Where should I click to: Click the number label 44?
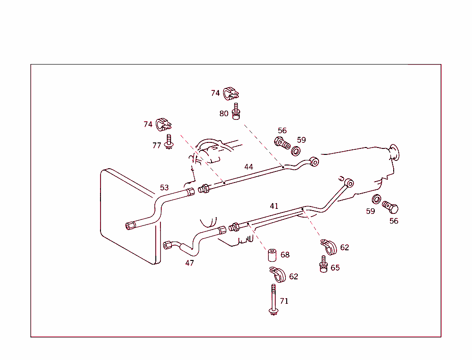click(x=248, y=167)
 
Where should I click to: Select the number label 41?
click(x=274, y=206)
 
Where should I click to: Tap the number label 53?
click(x=165, y=188)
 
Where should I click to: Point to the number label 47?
click(x=189, y=263)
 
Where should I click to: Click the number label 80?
click(x=224, y=113)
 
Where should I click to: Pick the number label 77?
click(x=157, y=145)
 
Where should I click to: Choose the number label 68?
click(x=285, y=255)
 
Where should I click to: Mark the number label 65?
click(x=335, y=268)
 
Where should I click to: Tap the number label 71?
click(x=284, y=301)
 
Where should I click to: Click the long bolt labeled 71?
click(x=273, y=300)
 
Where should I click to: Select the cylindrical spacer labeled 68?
click(x=271, y=255)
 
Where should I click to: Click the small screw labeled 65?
click(x=324, y=264)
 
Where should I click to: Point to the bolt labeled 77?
click(x=169, y=142)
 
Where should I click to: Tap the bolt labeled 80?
click(x=236, y=112)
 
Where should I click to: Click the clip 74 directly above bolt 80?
click(x=230, y=94)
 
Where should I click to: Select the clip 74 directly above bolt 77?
click(x=163, y=124)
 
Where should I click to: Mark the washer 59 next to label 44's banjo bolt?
click(x=296, y=151)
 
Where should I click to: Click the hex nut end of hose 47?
click(x=168, y=245)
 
